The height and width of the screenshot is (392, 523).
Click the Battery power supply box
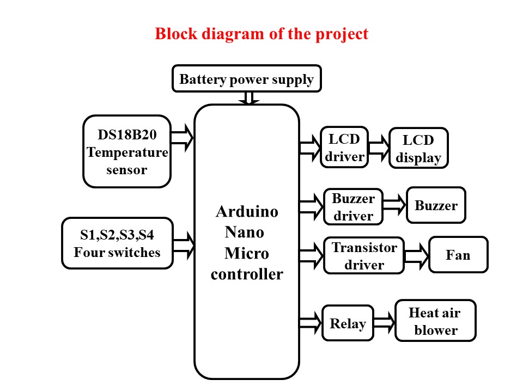246,79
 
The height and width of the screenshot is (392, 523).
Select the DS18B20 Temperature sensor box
126,151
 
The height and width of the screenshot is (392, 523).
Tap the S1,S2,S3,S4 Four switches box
117,243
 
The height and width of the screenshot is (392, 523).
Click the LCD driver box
344,147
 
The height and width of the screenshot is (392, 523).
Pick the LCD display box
418,148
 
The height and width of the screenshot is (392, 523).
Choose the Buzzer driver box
353,206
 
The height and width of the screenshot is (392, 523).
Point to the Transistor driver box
364,256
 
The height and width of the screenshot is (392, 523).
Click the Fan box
458,254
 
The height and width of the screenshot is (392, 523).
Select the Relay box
348,323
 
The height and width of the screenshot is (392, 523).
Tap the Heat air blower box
435,321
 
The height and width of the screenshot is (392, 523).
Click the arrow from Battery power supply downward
249,98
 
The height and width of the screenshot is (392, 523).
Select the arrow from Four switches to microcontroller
183,244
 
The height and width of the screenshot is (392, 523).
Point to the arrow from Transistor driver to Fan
416,255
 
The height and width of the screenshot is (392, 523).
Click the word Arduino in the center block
247,211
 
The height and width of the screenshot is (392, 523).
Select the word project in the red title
342,34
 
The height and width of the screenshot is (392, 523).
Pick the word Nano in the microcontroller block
245,232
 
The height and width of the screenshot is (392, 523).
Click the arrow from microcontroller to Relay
311,322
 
